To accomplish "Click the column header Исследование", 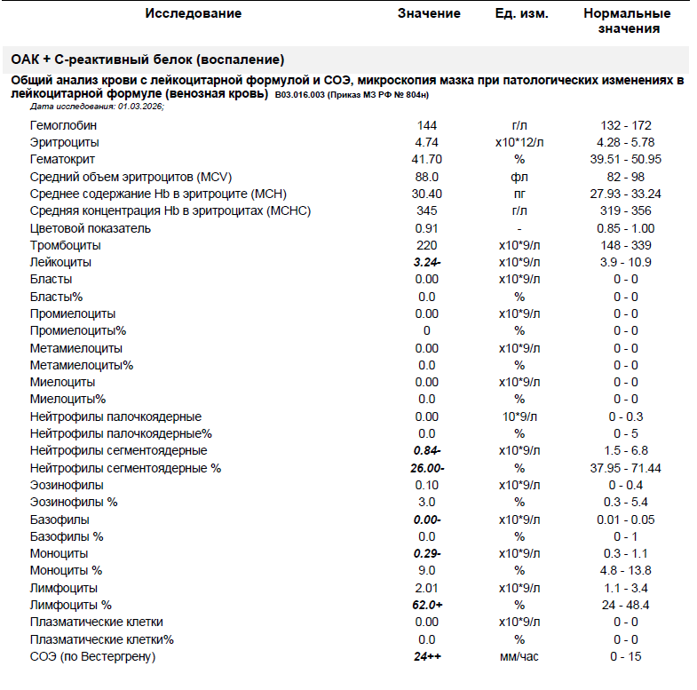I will point(193,14).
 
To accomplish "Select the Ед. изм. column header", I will point(521,14).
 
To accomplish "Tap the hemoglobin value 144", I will point(426,125).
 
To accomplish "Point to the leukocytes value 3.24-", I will point(428,263).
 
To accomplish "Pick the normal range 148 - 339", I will point(625,245).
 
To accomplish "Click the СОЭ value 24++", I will point(428,657).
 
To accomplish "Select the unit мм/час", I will point(519,657).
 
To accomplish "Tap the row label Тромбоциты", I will point(65,245).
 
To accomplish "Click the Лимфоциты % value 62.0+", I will point(428,606).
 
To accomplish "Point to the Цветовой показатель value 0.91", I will point(426,228).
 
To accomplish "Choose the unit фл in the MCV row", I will point(519,177).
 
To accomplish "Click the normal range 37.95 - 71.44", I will point(625,468).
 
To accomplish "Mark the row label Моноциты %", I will point(66,571).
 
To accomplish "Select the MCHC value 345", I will point(426,211).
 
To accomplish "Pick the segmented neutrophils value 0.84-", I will point(428,451).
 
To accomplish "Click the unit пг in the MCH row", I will point(519,194).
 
